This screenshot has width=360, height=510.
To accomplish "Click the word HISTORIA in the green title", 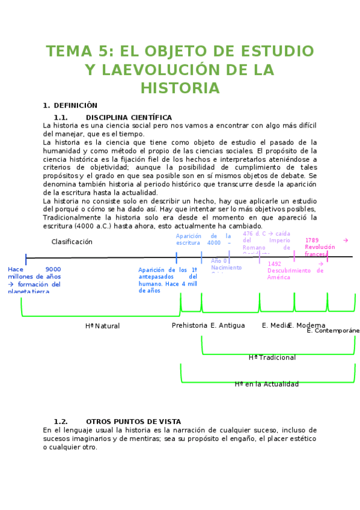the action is [180, 88].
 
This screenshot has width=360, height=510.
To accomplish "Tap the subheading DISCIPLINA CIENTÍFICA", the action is [129, 117].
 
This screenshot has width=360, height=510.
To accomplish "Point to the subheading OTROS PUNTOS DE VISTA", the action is [133, 422].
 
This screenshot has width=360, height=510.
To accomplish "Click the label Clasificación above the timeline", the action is [72, 242].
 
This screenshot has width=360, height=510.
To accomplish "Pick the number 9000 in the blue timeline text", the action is [53, 269].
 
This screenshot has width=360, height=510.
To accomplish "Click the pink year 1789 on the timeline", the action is [312, 240].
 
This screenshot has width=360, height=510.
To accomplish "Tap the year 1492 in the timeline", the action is [274, 263].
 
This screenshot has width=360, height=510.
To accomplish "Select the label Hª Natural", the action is [102, 326].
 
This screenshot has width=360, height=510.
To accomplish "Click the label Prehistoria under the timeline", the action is [189, 325].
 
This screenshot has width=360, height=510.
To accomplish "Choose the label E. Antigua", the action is [227, 325].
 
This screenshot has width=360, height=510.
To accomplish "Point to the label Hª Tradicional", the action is [272, 357].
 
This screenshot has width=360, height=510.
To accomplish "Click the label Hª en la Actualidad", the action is [266, 384].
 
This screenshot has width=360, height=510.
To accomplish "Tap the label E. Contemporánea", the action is [333, 330].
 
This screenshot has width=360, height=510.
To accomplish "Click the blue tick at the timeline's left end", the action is [26, 259].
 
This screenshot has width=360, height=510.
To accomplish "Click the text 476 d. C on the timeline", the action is [254, 233].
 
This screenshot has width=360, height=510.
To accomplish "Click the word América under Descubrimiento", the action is [279, 277].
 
